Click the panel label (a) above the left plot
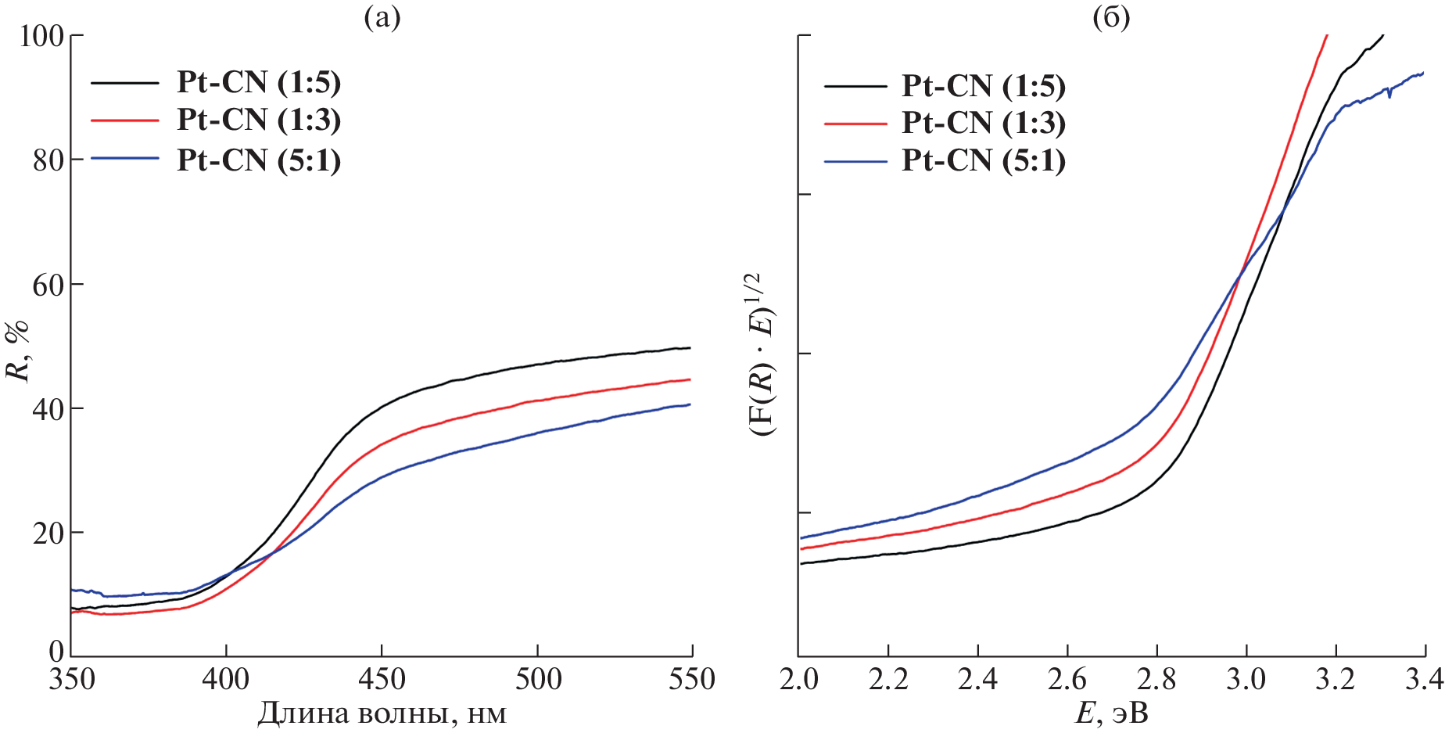(382, 17)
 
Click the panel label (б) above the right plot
(1111, 17)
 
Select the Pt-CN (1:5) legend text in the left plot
(259, 82)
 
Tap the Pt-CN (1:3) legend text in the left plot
(259, 120)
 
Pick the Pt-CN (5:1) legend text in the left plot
(259, 160)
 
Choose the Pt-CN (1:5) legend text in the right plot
(984, 86)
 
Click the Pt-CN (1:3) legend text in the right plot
(984, 123)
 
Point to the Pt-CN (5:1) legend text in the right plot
(984, 160)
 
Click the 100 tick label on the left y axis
(41, 36)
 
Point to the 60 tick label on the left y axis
(48, 285)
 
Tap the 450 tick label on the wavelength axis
(382, 679)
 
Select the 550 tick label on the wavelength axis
(691, 679)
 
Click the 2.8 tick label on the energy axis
(1156, 679)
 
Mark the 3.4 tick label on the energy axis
(1423, 679)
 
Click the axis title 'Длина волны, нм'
(382, 713)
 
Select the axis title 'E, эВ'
(1111, 713)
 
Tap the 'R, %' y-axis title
(17, 350)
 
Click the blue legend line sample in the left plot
(125, 159)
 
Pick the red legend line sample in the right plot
(855, 124)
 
